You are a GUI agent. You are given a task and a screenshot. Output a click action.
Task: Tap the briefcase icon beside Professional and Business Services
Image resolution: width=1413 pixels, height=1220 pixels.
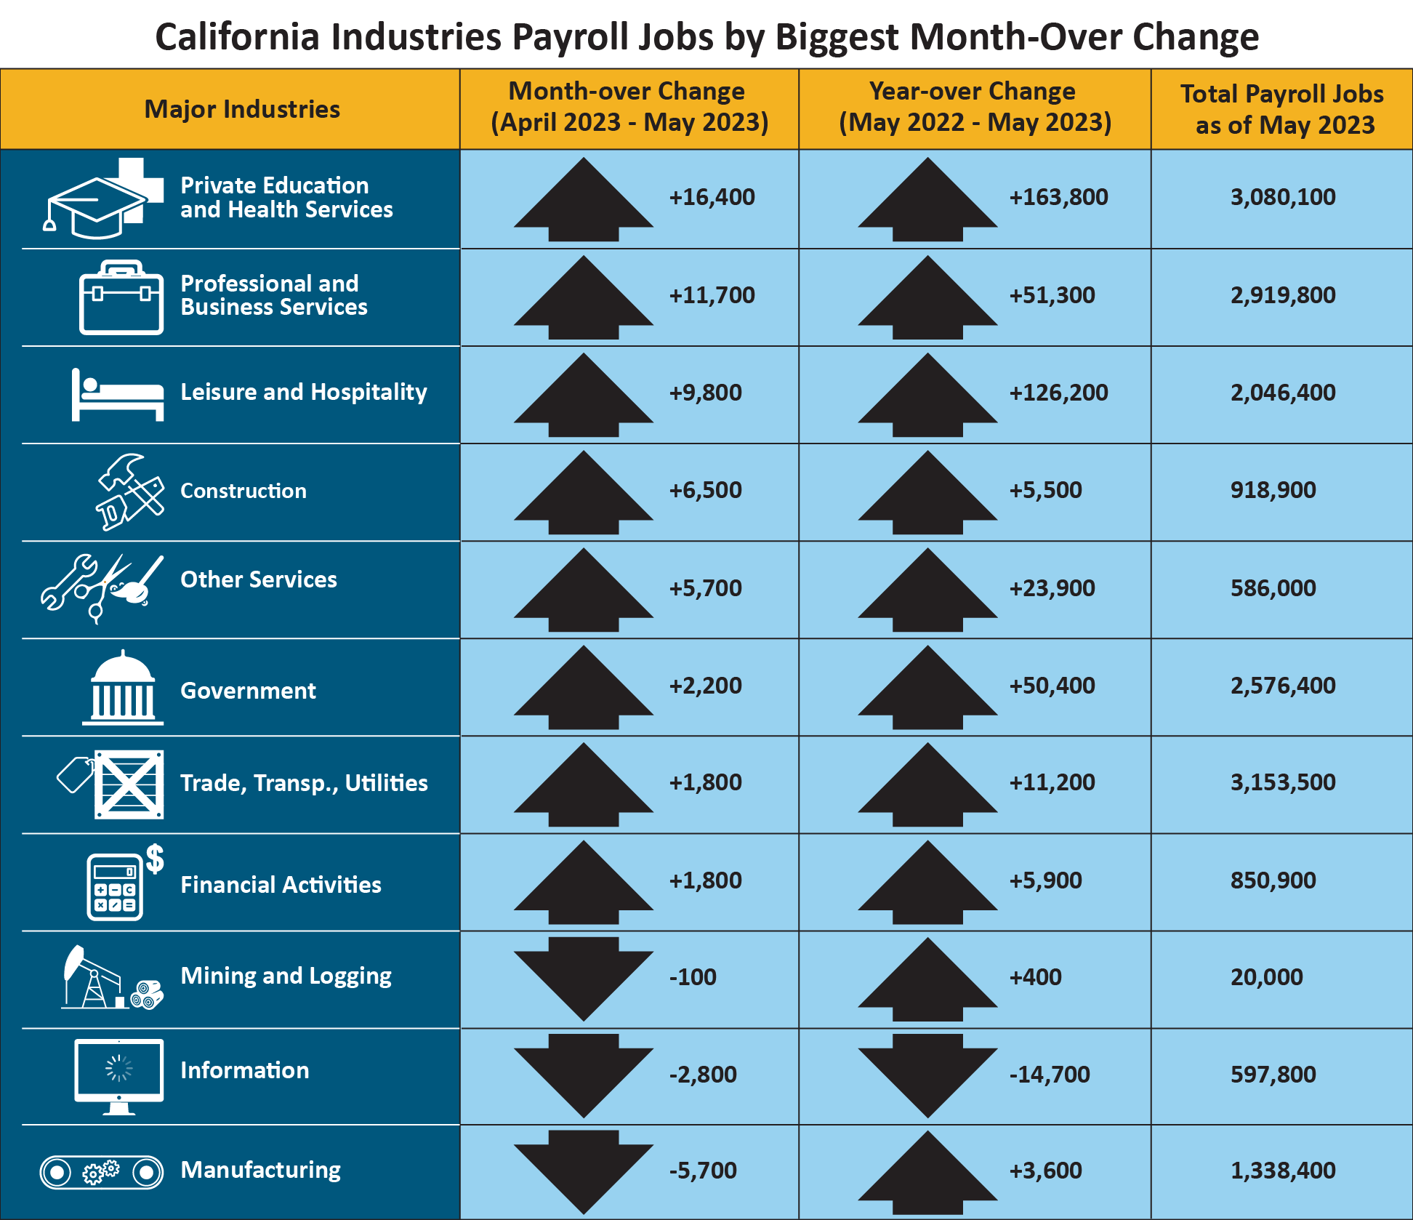(x=121, y=298)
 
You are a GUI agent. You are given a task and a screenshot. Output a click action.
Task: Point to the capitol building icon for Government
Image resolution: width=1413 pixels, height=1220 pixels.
(x=122, y=688)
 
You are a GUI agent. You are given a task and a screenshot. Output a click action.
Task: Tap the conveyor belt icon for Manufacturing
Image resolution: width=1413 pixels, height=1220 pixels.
(x=101, y=1172)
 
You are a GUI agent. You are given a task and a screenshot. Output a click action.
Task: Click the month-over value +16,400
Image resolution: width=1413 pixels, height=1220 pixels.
(x=712, y=197)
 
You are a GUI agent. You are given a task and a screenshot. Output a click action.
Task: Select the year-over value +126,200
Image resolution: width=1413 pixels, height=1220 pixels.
(x=1058, y=393)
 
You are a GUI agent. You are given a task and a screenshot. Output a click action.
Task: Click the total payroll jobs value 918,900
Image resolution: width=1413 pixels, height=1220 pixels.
(x=1273, y=490)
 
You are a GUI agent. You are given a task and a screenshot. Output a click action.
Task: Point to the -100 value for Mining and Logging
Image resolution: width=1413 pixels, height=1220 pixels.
(x=693, y=977)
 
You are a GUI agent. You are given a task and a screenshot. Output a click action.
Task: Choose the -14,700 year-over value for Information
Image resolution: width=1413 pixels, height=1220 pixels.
(x=1050, y=1075)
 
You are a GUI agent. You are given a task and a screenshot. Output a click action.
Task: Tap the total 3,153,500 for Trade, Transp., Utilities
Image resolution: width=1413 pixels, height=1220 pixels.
(x=1283, y=782)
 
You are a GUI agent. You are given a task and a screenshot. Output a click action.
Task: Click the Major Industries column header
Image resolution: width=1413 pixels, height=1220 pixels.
(x=242, y=109)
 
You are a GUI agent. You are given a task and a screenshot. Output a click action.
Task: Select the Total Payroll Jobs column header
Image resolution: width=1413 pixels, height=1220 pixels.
(x=1283, y=109)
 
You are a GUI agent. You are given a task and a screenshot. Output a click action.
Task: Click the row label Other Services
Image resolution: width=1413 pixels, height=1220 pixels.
(x=259, y=579)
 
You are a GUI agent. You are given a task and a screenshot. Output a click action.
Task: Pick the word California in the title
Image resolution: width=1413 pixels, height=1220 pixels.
(x=237, y=36)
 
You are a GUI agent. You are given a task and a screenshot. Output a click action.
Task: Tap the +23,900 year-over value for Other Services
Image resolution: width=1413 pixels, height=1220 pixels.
(x=1052, y=588)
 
